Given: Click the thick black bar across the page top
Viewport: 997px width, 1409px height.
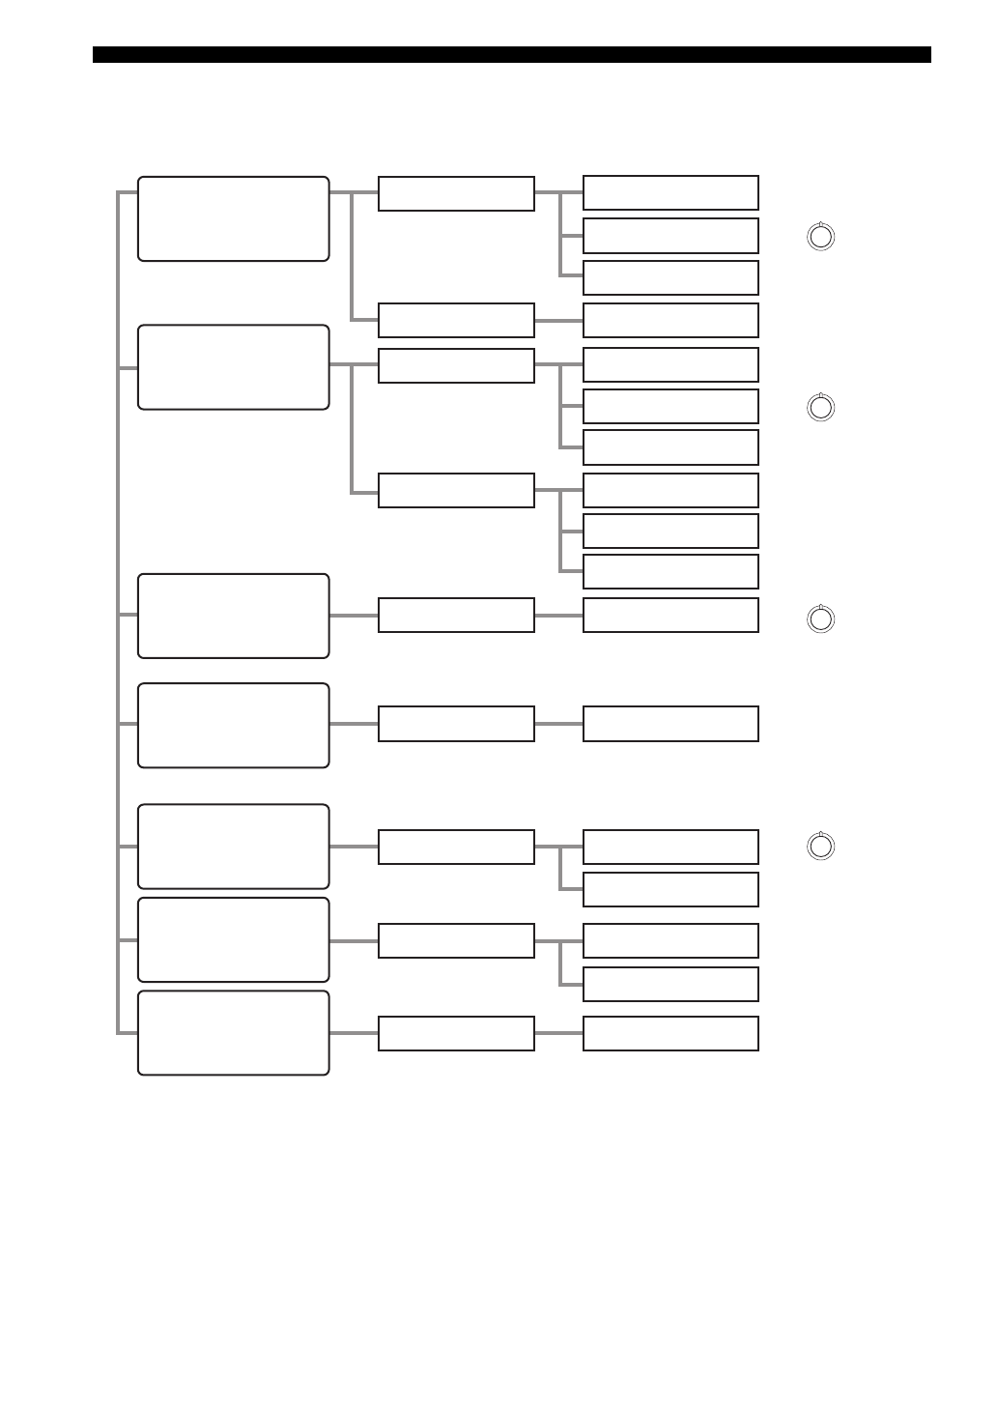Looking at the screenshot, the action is point(512,55).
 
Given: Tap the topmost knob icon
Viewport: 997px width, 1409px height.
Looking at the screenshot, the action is point(820,237).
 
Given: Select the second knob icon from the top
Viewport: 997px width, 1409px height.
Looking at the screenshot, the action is point(820,408).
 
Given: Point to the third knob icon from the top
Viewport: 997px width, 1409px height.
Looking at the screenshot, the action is point(820,618).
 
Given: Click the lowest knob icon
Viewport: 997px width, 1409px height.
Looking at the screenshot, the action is point(820,847).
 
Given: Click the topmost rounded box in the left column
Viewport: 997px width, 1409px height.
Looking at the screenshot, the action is point(234,218).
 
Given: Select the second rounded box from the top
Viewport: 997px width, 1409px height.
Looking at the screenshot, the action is point(234,367).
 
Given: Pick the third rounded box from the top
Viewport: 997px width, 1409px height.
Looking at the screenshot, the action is point(234,616).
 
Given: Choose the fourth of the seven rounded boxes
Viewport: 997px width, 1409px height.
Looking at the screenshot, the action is point(234,725).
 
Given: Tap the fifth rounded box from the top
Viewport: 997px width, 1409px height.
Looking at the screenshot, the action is point(234,846).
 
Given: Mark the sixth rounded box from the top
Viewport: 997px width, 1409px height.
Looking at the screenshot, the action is point(234,939).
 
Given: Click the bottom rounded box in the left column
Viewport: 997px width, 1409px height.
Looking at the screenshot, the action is point(234,1032).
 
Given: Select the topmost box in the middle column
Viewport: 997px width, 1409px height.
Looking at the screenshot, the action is point(456,193).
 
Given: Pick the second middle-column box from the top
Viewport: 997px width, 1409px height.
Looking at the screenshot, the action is point(456,320).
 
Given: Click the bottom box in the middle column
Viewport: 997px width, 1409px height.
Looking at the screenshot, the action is point(456,1033).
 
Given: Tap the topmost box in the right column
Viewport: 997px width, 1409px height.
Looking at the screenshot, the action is point(670,192).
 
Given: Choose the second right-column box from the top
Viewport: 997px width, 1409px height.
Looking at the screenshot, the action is point(670,235).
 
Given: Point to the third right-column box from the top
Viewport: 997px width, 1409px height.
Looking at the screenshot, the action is point(670,277).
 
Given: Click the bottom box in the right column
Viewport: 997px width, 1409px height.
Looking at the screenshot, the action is point(670,1033).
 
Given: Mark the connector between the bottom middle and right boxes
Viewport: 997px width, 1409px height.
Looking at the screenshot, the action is point(558,1033).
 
